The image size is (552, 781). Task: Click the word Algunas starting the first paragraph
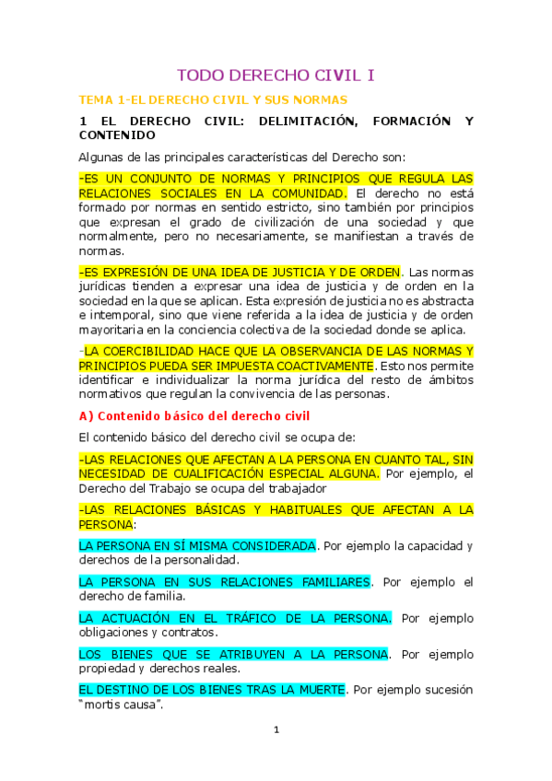[105, 157]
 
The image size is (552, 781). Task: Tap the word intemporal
[123, 316]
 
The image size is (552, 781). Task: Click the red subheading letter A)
[86, 415]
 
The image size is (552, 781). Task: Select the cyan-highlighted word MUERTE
[317, 689]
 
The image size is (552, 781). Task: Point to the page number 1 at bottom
[276, 730]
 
